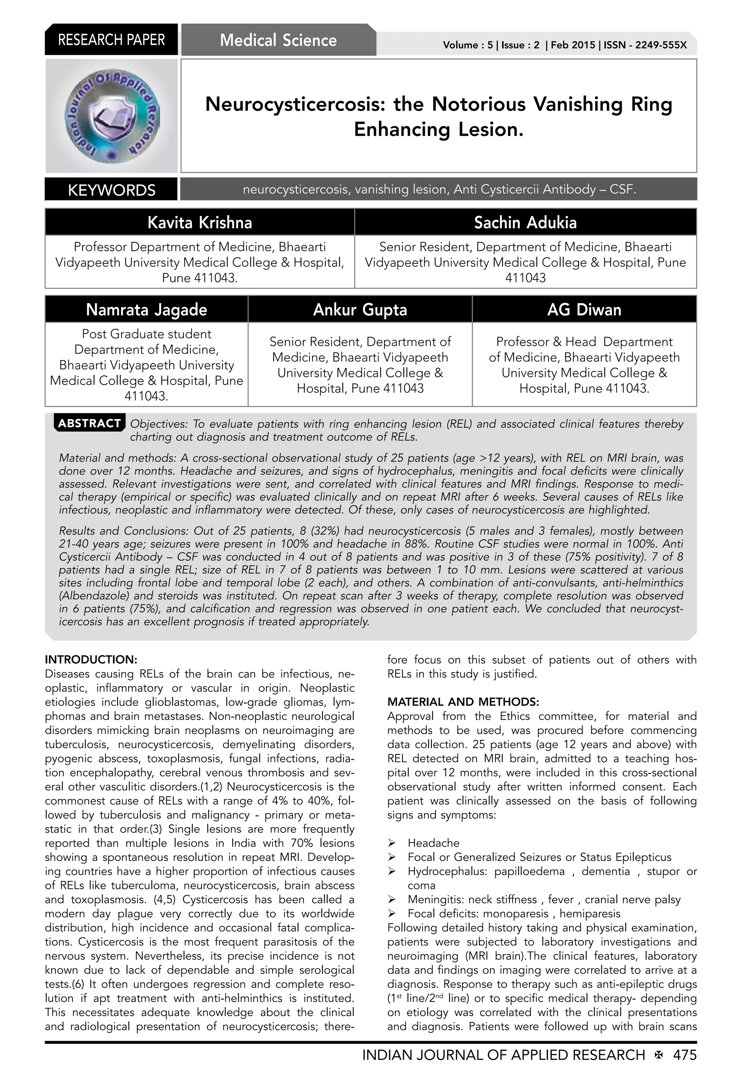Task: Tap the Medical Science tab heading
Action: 278,40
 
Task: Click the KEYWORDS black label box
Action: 112,190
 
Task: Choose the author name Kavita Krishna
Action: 200,222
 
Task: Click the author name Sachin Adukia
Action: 525,222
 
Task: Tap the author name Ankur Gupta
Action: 360,310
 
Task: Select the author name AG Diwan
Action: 584,310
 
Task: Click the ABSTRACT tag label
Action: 89,423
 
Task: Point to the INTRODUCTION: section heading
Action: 91,660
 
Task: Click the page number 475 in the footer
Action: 685,1055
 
